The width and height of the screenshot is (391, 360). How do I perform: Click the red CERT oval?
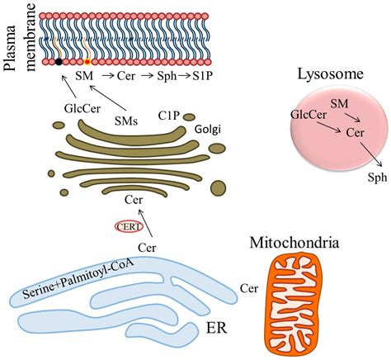click(x=127, y=225)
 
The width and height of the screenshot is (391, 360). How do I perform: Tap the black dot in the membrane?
click(x=59, y=61)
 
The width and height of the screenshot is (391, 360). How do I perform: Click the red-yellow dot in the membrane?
click(x=87, y=61)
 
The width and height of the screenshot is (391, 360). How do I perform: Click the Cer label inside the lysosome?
click(x=356, y=132)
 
